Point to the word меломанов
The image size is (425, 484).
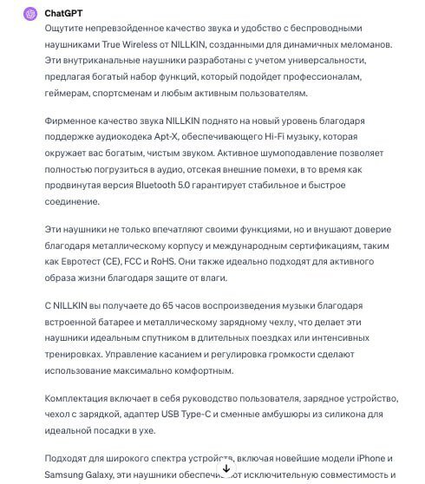363,43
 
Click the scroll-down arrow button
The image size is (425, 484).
226,468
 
